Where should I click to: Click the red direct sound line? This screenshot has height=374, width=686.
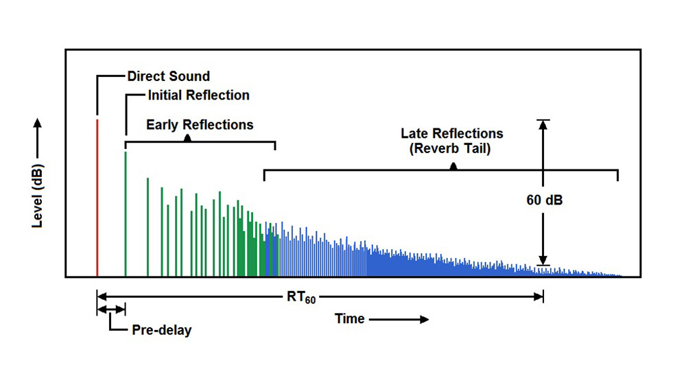pos(97,198)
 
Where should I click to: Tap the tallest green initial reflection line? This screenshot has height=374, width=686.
pos(126,214)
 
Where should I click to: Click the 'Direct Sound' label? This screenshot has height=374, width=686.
pos(169,76)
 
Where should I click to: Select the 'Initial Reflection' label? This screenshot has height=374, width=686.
pos(199,95)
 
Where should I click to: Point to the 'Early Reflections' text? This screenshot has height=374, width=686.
pos(200,125)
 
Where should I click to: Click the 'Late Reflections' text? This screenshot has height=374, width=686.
pos(452,133)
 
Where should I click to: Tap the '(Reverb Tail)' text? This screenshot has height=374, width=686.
pos(450,149)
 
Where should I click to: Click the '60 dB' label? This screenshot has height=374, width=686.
pos(544,200)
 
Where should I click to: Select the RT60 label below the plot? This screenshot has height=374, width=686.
pos(301,297)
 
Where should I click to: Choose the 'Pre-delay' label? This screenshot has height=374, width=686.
pos(162,330)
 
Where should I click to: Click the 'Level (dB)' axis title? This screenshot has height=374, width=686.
pos(38,196)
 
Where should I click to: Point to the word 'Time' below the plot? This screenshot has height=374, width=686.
pos(350,318)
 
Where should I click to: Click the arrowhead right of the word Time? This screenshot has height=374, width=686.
pos(425,319)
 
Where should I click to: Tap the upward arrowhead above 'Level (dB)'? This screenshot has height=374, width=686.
pos(38,123)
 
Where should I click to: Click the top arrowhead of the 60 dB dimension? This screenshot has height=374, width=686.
pos(543,125)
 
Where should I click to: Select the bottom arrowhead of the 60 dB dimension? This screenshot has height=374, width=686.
pos(543,260)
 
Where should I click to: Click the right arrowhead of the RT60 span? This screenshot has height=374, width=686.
pos(539,297)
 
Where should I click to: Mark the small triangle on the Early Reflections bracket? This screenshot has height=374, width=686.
pos(187,138)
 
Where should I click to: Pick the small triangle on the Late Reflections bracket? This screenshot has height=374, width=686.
pos(453,166)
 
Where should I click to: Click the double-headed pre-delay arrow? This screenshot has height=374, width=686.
pos(111,309)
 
